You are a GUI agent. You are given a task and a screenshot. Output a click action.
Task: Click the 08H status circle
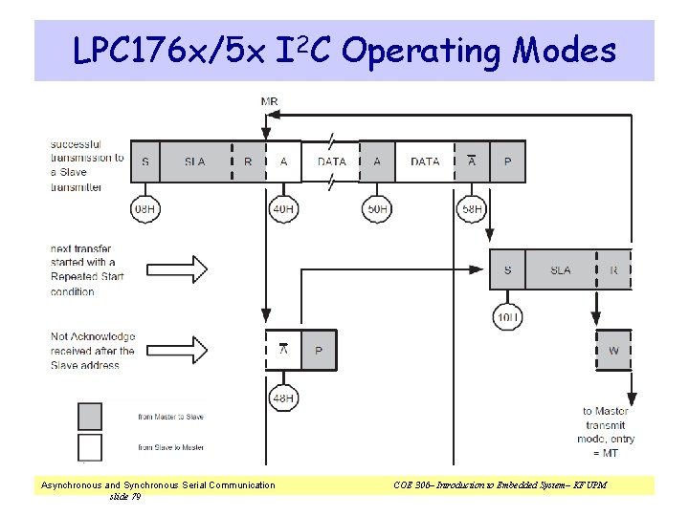(x=144, y=208)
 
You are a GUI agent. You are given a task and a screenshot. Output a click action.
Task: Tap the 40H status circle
(x=283, y=208)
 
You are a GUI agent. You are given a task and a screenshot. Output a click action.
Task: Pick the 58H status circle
(x=471, y=208)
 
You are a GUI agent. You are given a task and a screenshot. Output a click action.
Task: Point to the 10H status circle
(x=507, y=316)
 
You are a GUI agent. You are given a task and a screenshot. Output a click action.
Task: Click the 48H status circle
(x=283, y=398)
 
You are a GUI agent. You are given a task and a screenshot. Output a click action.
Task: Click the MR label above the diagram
(x=270, y=101)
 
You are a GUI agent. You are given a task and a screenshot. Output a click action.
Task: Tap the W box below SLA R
(x=613, y=351)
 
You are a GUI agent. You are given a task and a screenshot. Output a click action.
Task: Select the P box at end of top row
(x=507, y=161)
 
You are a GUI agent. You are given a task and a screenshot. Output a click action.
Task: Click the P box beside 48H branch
(x=319, y=351)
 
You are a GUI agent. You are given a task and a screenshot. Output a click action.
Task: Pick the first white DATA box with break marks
(x=331, y=161)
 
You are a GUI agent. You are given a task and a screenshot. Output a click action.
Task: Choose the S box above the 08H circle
(x=144, y=161)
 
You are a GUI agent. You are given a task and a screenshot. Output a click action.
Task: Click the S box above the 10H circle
(x=507, y=270)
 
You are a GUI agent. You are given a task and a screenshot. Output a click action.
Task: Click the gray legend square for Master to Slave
(x=90, y=417)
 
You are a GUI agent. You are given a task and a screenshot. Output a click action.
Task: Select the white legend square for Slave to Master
(x=90, y=447)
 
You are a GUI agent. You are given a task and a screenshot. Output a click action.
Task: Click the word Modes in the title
(x=565, y=50)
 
